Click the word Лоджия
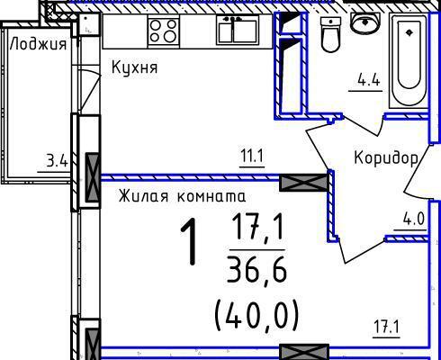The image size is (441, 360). (38, 44)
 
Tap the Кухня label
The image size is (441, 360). (134, 67)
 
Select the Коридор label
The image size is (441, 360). (386, 158)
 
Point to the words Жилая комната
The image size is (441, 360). (182, 196)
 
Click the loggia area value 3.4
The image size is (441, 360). (57, 162)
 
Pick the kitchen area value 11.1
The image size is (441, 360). (252, 157)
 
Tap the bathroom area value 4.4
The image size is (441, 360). (369, 81)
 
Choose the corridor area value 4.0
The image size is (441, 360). (414, 220)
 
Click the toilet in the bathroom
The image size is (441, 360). (331, 34)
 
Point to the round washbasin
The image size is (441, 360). (365, 22)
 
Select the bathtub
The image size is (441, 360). (409, 60)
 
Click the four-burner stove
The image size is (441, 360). (164, 31)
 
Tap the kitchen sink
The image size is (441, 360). (238, 30)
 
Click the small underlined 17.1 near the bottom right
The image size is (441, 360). (386, 327)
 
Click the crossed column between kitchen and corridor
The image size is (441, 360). (303, 183)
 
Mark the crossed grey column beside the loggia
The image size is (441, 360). (93, 177)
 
